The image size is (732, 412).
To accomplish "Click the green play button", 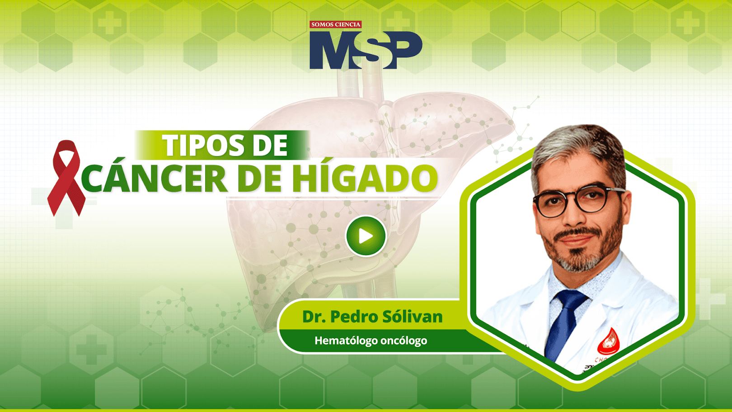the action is pyautogui.click(x=366, y=236).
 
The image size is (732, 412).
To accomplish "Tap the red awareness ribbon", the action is pyautogui.click(x=66, y=178).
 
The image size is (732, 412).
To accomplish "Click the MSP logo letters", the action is pyautogui.click(x=366, y=50).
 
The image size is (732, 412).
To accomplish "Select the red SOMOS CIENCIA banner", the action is pyautogui.click(x=336, y=24).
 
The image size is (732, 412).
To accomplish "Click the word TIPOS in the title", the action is pyautogui.click(x=204, y=145).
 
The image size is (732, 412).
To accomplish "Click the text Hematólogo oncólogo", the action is pyautogui.click(x=371, y=341).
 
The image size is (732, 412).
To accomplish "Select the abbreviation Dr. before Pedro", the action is pyautogui.click(x=314, y=317).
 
